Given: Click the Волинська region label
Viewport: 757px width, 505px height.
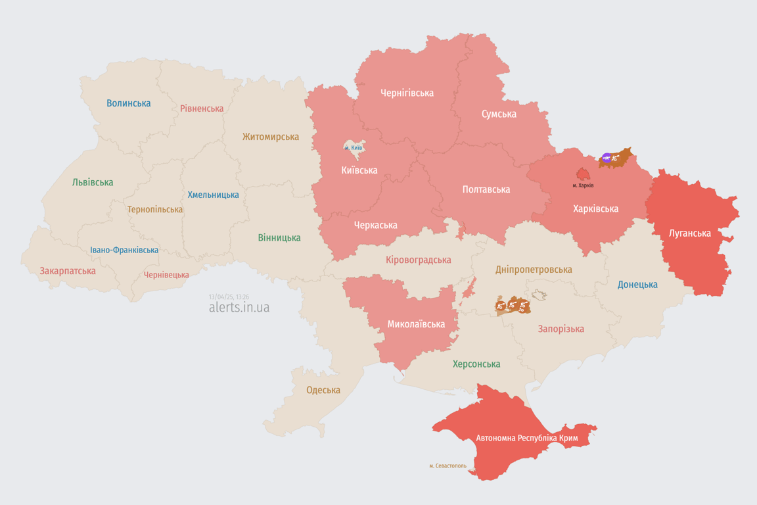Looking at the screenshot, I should pyautogui.click(x=128, y=103).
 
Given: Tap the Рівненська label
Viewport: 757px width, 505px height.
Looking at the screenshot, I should pyautogui.click(x=202, y=108).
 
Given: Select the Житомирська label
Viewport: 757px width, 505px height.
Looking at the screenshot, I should pyautogui.click(x=270, y=137).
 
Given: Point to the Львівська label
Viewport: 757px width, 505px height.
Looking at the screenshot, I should pyautogui.click(x=93, y=182).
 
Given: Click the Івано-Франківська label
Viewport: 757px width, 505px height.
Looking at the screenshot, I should pyautogui.click(x=124, y=250).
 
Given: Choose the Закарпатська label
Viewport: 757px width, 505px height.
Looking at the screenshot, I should pyautogui.click(x=68, y=271).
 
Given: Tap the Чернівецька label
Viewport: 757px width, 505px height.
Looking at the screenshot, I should pyautogui.click(x=166, y=275).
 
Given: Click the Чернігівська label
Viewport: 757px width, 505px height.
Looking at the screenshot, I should pyautogui.click(x=407, y=93).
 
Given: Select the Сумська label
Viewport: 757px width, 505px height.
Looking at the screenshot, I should pyautogui.click(x=499, y=114).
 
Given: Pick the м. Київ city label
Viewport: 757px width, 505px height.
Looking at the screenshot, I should pyautogui.click(x=353, y=148).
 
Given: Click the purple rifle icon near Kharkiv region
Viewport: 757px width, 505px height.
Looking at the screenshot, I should pyautogui.click(x=607, y=158).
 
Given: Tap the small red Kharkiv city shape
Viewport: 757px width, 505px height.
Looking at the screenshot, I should pyautogui.click(x=583, y=174).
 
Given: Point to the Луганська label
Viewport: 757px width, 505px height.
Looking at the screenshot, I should pyautogui.click(x=689, y=233).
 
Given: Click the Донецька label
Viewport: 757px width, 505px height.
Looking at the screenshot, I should pyautogui.click(x=637, y=285).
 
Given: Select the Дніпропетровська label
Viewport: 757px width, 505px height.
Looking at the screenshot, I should pyautogui.click(x=534, y=270).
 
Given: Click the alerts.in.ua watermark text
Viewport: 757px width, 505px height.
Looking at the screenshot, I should pyautogui.click(x=239, y=307).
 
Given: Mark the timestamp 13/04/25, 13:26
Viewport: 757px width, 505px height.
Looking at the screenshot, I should pyautogui.click(x=229, y=297).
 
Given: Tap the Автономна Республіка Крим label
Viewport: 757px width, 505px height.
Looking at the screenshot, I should pyautogui.click(x=516, y=438).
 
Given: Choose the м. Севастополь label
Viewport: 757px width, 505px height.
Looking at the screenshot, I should pyautogui.click(x=447, y=466).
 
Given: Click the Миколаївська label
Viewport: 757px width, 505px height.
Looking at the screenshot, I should pyautogui.click(x=416, y=324).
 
